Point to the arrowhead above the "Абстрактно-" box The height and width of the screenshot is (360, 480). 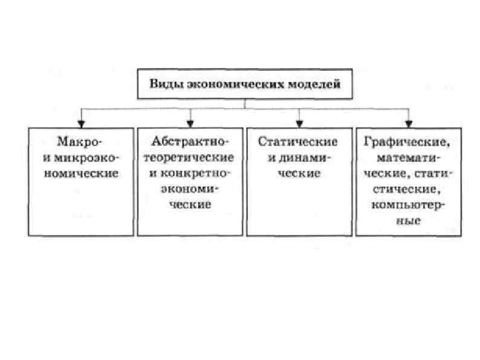pos(191,123)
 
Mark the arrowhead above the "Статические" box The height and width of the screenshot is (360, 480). pos(300,123)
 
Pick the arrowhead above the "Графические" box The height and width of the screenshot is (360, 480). pos(410,123)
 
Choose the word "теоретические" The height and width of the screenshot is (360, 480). pos(190,158)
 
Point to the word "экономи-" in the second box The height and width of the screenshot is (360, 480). pos(191,189)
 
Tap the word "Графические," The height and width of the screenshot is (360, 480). pos(409,143)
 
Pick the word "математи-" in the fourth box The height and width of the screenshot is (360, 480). pos(409,159)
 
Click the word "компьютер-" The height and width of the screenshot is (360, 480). pos(410,206)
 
